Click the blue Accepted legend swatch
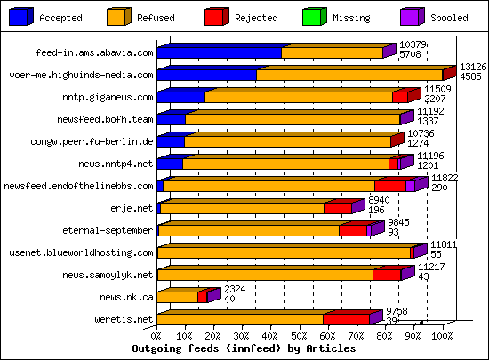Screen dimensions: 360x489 coord(20,17)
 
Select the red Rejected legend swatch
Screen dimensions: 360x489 coord(217,17)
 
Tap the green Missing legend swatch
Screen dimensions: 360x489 coord(314,17)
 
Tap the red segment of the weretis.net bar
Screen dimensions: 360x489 coord(346,318)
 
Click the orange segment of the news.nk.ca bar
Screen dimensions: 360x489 coord(177,297)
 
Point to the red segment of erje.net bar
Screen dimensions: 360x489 coord(337,208)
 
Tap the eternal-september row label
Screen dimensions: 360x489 coord(108,230)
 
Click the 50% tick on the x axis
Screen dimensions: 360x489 coord(299,337)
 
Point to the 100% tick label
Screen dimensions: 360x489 coord(442,337)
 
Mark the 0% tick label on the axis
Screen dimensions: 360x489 coord(157,337)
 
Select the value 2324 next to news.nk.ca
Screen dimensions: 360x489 coord(234,290)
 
